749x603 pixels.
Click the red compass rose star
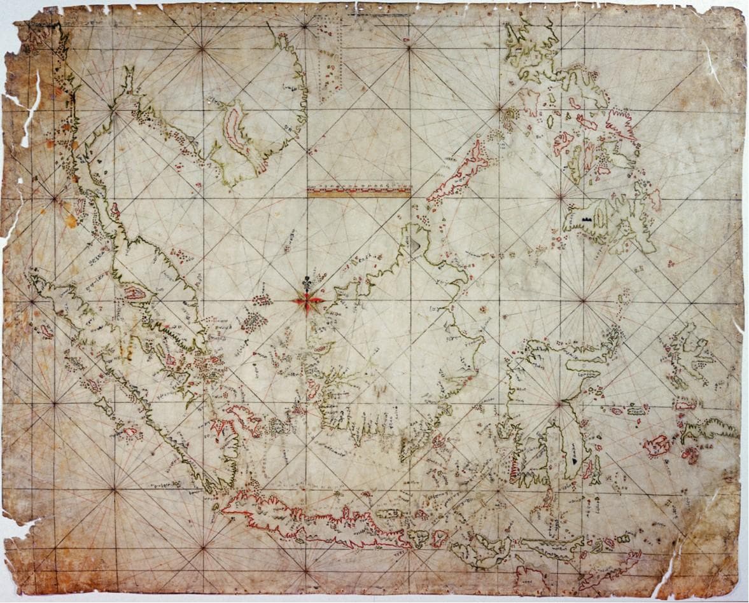coord(308,301)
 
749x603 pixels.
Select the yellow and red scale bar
coord(359,190)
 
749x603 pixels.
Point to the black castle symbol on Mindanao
coord(585,219)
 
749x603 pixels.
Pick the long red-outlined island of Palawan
coord(458,172)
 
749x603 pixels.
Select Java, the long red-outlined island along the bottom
coord(312,518)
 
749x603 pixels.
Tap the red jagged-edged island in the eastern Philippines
coord(620,124)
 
